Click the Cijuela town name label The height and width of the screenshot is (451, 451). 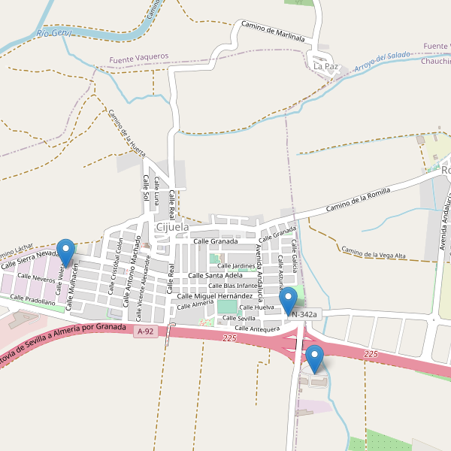[172, 227]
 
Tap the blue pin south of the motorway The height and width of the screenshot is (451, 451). [315, 359]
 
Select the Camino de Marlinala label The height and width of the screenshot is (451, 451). [272, 31]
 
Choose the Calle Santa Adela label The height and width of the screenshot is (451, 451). [215, 276]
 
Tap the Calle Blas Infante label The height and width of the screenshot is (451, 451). [232, 286]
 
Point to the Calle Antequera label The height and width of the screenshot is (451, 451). [256, 328]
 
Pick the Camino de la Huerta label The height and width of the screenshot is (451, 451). [126, 132]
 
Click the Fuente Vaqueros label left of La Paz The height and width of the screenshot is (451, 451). [139, 57]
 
